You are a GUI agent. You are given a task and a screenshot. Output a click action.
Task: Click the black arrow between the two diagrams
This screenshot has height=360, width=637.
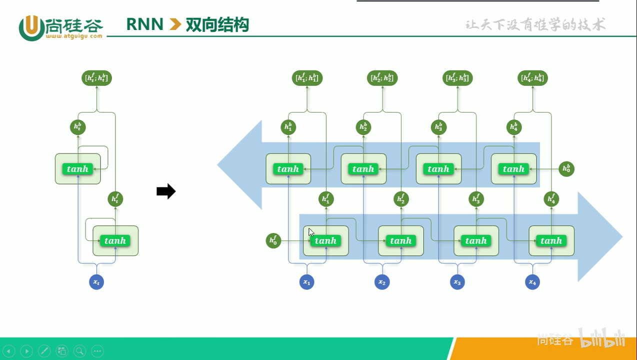tap(166, 191)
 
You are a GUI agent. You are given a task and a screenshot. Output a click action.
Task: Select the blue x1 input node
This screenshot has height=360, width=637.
tap(307, 282)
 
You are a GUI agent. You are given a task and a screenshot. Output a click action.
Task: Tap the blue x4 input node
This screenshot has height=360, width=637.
tap(532, 282)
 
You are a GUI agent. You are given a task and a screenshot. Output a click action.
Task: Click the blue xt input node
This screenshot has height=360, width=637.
tap(97, 282)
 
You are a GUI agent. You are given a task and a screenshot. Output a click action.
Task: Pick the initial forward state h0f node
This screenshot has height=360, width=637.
tap(273, 241)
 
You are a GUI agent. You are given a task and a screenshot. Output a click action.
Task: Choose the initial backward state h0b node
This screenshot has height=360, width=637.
tap(566, 169)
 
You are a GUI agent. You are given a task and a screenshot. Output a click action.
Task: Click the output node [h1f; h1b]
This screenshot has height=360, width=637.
tap(307, 78)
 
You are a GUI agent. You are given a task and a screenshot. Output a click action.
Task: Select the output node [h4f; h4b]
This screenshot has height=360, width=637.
tap(532, 78)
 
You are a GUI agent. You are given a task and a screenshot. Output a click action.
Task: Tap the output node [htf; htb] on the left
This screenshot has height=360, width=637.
tap(96, 78)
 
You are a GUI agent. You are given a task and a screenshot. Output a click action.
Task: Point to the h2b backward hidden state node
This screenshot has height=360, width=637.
tap(363, 127)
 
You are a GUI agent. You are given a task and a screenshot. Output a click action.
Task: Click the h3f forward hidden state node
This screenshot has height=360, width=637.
tap(476, 199)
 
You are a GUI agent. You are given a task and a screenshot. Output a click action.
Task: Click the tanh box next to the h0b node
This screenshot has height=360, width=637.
tap(513, 169)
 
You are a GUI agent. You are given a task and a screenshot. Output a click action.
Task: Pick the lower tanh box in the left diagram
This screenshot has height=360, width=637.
tap(115, 241)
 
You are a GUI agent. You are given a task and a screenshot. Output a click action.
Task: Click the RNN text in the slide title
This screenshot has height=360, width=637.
tap(145, 24)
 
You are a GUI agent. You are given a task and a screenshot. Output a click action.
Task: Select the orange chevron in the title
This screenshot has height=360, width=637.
tap(175, 24)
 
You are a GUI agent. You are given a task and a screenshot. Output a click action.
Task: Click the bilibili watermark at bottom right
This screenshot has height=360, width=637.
tap(602, 338)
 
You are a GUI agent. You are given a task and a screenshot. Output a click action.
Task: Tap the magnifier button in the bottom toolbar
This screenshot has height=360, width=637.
tap(79, 351)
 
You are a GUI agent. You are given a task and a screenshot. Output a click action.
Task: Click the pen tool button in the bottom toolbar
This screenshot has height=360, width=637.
tap(44, 351)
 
